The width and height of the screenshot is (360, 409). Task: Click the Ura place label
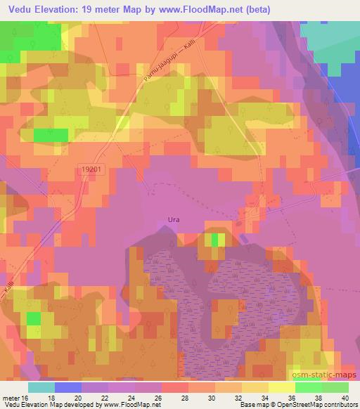tap(174, 220)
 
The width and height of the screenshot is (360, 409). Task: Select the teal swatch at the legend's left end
tap(41, 387)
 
